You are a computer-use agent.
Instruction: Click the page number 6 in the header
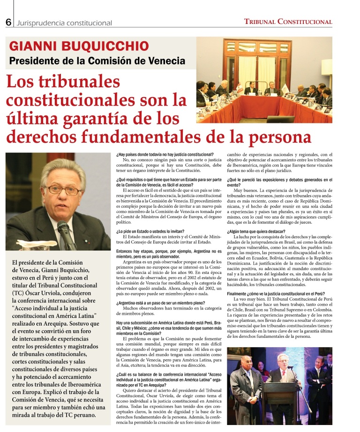(8, 22)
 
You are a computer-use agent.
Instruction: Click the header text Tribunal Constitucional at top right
(288, 22)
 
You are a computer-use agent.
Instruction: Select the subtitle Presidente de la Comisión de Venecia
(97, 61)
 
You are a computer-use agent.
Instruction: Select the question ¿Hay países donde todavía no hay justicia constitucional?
(165, 154)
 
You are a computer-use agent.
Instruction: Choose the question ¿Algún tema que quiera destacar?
(257, 232)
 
